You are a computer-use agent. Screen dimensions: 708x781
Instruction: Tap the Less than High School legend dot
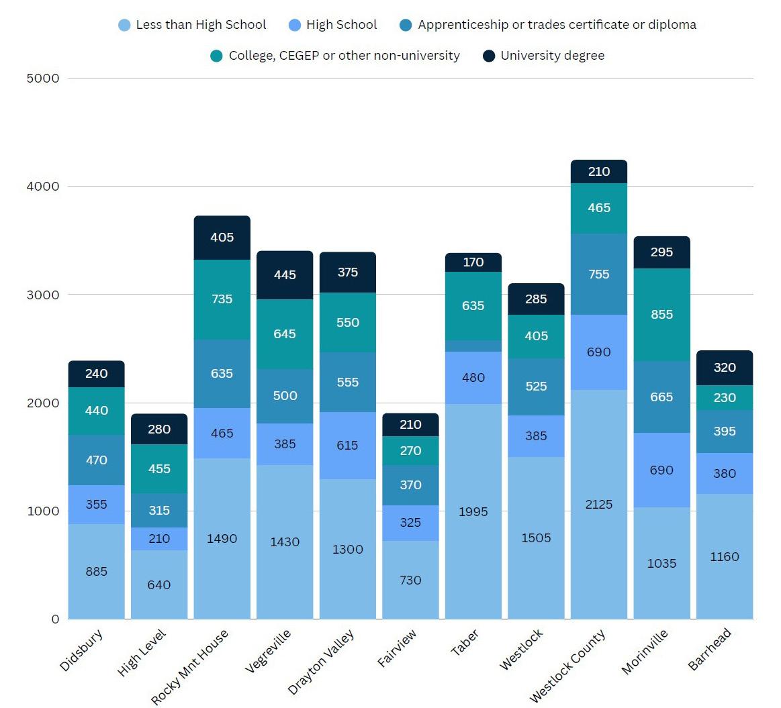pos(124,26)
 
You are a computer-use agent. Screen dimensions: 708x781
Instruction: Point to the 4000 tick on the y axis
pos(43,186)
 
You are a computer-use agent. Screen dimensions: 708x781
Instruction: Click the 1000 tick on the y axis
pos(43,511)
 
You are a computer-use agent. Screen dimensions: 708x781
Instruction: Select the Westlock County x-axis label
pos(567,665)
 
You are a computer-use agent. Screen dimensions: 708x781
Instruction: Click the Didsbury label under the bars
pos(81,650)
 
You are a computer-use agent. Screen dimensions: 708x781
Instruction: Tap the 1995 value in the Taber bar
pos(473,511)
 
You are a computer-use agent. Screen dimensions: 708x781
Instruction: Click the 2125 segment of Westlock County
pos(599,504)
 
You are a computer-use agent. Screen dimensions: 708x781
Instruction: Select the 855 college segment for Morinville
pos(661,314)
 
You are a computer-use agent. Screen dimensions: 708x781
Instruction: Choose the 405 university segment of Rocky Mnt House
pos(222,238)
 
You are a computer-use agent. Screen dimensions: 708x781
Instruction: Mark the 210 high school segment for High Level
pos(159,538)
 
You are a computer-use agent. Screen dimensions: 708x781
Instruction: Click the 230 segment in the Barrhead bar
pos(725,397)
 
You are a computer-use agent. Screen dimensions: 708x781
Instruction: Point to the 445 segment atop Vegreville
pos(285,275)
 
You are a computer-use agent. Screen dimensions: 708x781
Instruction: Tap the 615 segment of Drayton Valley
pos(348,445)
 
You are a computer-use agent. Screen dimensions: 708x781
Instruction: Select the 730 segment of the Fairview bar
pos(410,580)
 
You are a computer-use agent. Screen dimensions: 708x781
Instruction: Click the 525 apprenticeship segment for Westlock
pos(536,387)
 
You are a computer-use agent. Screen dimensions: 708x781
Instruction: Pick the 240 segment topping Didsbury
pos(97,374)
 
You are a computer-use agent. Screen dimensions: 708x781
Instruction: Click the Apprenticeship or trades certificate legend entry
pos(557,25)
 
